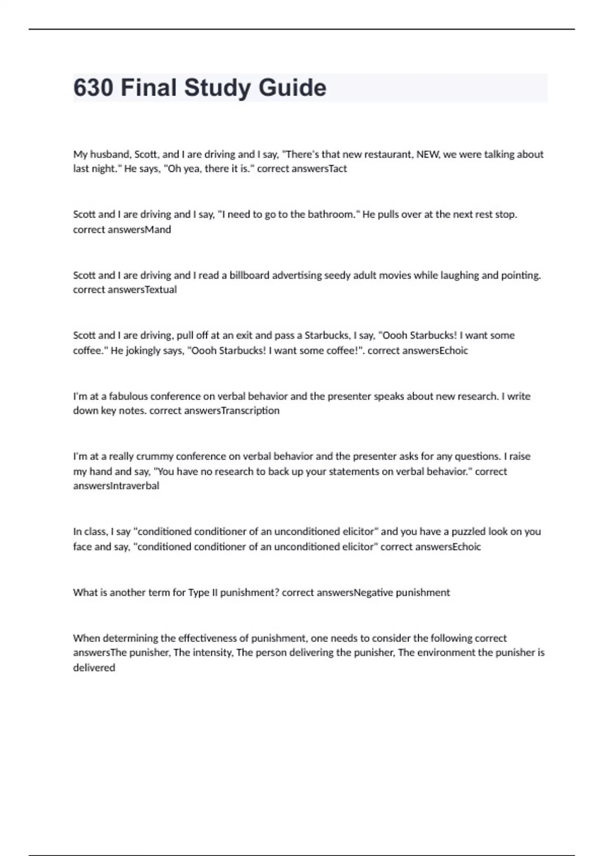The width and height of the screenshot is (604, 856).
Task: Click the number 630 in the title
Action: [x=93, y=88]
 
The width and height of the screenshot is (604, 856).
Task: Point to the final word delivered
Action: [x=94, y=668]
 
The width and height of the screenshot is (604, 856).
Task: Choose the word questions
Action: [x=477, y=456]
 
